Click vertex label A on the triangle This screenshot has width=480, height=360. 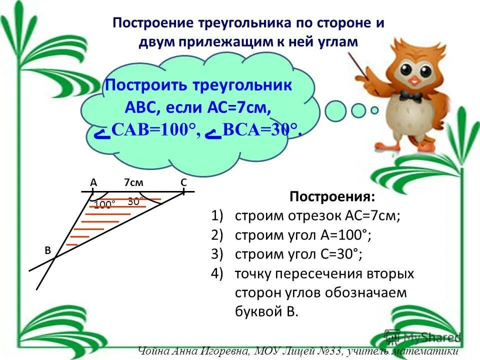[x=93, y=183]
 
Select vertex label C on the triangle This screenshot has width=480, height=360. [x=183, y=183]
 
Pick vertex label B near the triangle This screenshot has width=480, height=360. [x=48, y=251]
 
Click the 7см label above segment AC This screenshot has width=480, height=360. [x=133, y=183]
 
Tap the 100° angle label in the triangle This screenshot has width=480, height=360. [x=104, y=204]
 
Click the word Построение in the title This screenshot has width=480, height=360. [x=153, y=23]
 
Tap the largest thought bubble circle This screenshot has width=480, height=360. [x=335, y=111]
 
